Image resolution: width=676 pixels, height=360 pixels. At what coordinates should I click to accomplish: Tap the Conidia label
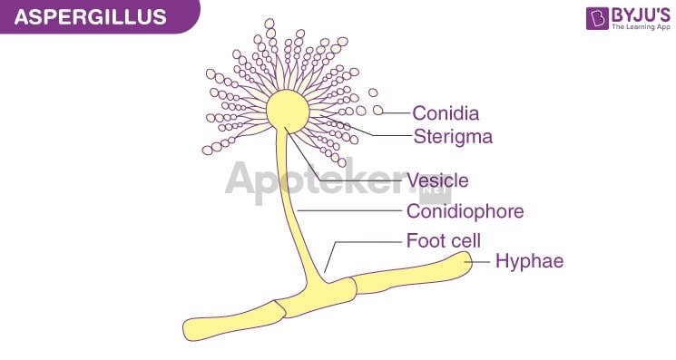tap(445, 113)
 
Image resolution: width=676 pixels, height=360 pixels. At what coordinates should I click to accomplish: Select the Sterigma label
tap(453, 137)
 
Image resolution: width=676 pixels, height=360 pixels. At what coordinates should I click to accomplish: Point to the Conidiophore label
tap(465, 211)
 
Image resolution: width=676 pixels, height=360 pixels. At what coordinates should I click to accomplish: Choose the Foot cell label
tap(443, 240)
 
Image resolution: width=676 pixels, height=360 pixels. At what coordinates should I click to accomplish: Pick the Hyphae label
tap(529, 261)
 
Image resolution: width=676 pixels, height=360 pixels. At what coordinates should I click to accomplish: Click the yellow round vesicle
tap(288, 110)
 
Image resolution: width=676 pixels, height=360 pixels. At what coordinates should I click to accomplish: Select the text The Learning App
tap(639, 29)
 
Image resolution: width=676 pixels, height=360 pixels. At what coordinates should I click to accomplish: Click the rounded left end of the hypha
tap(192, 328)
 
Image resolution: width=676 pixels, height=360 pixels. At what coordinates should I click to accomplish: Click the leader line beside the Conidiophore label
tap(350, 211)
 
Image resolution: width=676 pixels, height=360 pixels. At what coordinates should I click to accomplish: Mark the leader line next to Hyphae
tap(482, 261)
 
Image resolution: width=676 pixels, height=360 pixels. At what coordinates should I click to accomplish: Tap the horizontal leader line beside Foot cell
tap(367, 241)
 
